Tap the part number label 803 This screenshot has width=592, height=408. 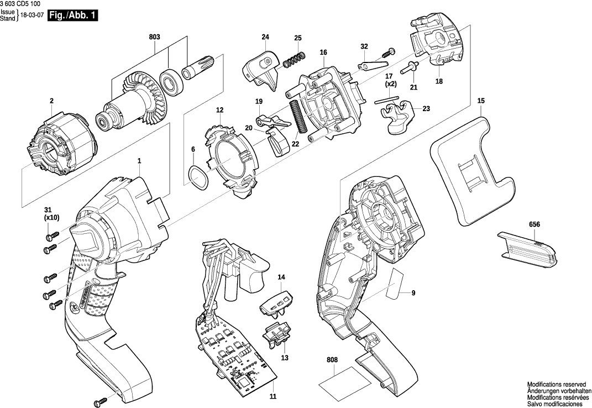(154, 37)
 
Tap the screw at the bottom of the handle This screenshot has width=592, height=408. (102, 400)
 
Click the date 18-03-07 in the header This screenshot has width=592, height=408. (32, 15)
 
